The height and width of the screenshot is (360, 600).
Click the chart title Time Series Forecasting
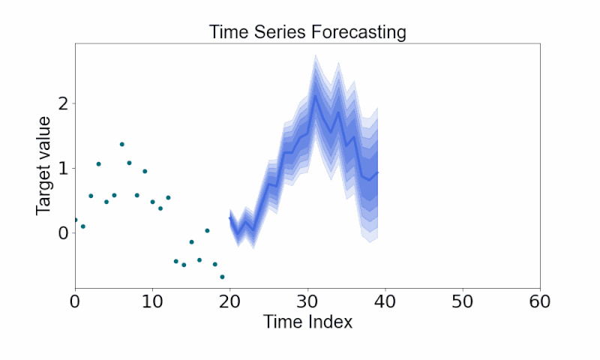(x=307, y=32)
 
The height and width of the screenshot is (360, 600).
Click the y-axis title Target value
(x=44, y=166)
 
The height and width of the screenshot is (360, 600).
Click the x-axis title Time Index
(x=307, y=322)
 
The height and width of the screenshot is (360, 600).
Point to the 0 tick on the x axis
(x=75, y=301)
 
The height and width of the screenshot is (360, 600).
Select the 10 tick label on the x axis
(x=152, y=301)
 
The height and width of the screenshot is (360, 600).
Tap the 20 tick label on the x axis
(x=229, y=301)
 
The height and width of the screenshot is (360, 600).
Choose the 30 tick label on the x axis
(x=307, y=301)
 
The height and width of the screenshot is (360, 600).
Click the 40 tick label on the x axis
(x=385, y=301)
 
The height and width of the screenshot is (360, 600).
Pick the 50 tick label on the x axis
(x=462, y=301)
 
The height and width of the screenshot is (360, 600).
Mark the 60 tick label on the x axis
(x=540, y=301)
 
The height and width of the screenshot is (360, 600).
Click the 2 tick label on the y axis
(x=62, y=103)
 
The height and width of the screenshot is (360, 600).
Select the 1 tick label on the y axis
(x=62, y=168)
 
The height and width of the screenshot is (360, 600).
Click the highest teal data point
(x=121, y=144)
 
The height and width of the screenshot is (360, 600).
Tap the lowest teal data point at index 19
(x=222, y=277)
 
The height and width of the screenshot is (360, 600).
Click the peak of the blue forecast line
(x=315, y=95)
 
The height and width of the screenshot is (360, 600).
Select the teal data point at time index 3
(x=98, y=163)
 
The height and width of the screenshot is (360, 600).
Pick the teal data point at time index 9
(x=145, y=171)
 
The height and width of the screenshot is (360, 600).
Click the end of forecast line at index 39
(x=377, y=172)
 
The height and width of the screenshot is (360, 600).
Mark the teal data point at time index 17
(x=207, y=230)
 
